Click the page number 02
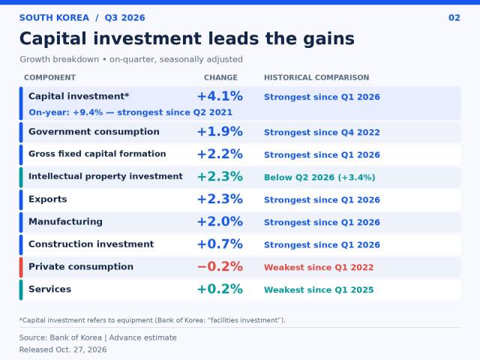click(x=454, y=18)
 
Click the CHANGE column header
click(x=220, y=77)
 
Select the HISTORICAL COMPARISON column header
click(x=316, y=77)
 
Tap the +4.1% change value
click(x=220, y=96)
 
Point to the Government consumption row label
click(x=94, y=132)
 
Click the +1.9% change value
click(x=220, y=132)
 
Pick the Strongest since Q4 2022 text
click(x=322, y=132)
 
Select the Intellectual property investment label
click(x=106, y=176)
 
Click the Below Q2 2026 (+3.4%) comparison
click(x=319, y=177)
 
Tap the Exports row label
click(x=48, y=199)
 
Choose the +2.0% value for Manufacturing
click(x=220, y=221)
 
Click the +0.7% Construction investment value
click(x=220, y=244)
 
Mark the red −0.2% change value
click(x=220, y=266)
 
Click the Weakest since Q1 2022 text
click(x=319, y=267)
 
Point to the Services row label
click(x=50, y=289)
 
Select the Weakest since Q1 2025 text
click(x=319, y=289)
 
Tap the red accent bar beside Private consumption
click(x=21, y=267)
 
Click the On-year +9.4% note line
click(x=130, y=112)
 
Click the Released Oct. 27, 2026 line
click(x=63, y=349)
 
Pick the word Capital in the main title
click(x=53, y=39)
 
